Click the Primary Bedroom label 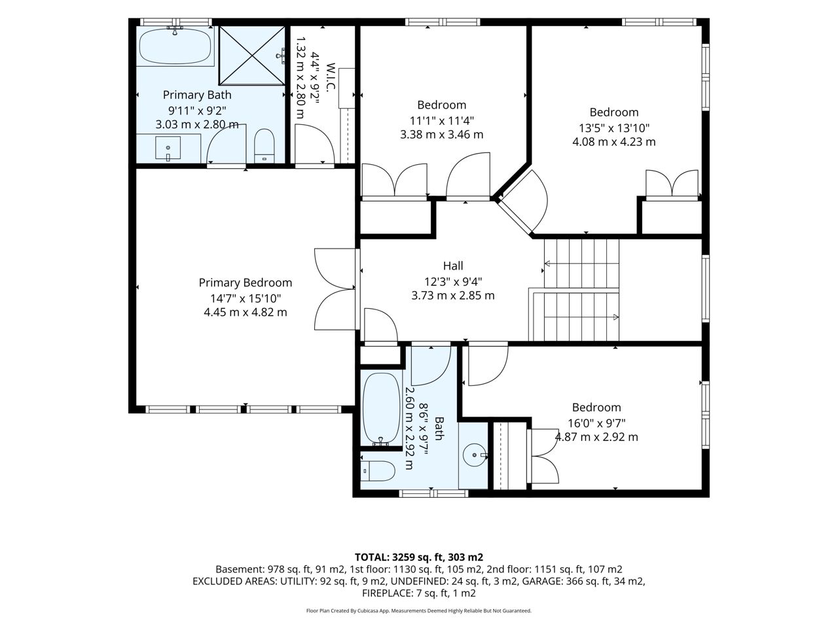coord(245,283)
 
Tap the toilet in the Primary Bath coord(264,146)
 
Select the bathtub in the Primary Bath coord(175,46)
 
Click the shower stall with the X coord(252,56)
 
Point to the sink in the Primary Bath coord(168,148)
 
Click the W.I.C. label coord(331,77)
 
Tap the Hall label coord(453,266)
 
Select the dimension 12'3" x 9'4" coord(453,282)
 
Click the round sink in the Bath coord(474,455)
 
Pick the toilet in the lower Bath coord(378,471)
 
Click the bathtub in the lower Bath coord(380,409)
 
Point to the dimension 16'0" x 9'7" coord(596,423)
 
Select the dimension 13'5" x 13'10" coord(614,128)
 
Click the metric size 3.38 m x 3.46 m coord(442,135)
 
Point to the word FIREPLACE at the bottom coord(386,593)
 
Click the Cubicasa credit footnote coord(419,611)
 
